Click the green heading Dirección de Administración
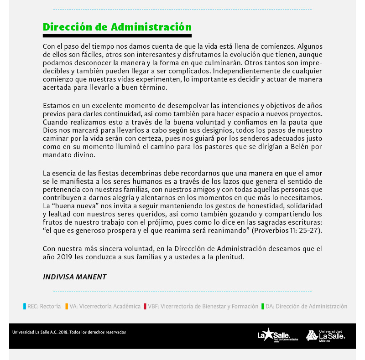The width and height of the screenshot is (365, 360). [117, 26]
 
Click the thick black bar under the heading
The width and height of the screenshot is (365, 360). [117, 35]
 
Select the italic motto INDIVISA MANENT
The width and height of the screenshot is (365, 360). [74, 277]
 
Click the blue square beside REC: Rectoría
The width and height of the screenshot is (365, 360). [25, 307]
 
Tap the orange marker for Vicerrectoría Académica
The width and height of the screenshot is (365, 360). [67, 307]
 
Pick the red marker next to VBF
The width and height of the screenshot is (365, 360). [145, 307]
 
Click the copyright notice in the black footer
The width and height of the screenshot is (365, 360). [69, 332]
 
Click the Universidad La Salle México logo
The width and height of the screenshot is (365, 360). [325, 336]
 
